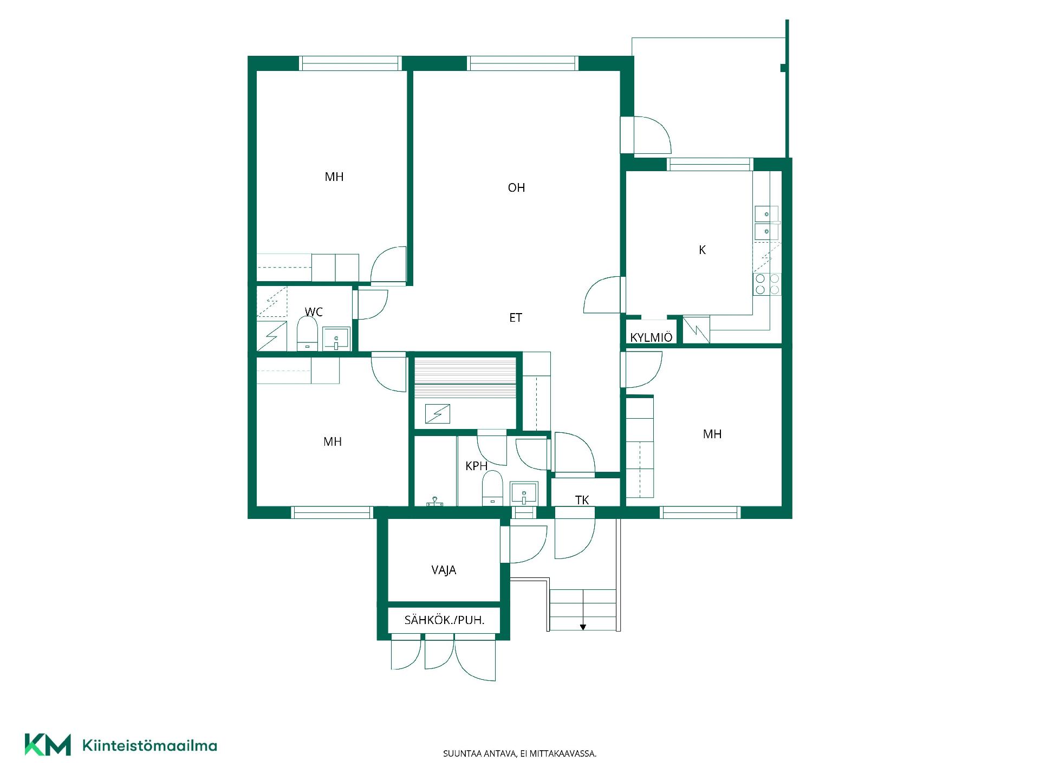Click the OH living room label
pos(516,187)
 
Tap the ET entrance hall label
pos(516,317)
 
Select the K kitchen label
pos(703,250)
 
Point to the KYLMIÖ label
pos(651,337)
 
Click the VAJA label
pos(444,570)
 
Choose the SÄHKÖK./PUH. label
pos(444,620)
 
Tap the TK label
pos(582,500)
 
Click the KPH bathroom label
pos(476,466)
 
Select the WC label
pos(314,312)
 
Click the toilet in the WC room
pos(307,334)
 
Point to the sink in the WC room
pos(336,339)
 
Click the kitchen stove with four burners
pos(768,284)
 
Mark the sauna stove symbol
pos(438,414)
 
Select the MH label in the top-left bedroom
pos(334,177)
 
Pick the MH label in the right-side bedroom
pos(712,434)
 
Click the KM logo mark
pos(48,745)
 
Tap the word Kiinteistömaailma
pos(149,745)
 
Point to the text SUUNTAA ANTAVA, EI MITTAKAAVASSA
pos(520,753)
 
